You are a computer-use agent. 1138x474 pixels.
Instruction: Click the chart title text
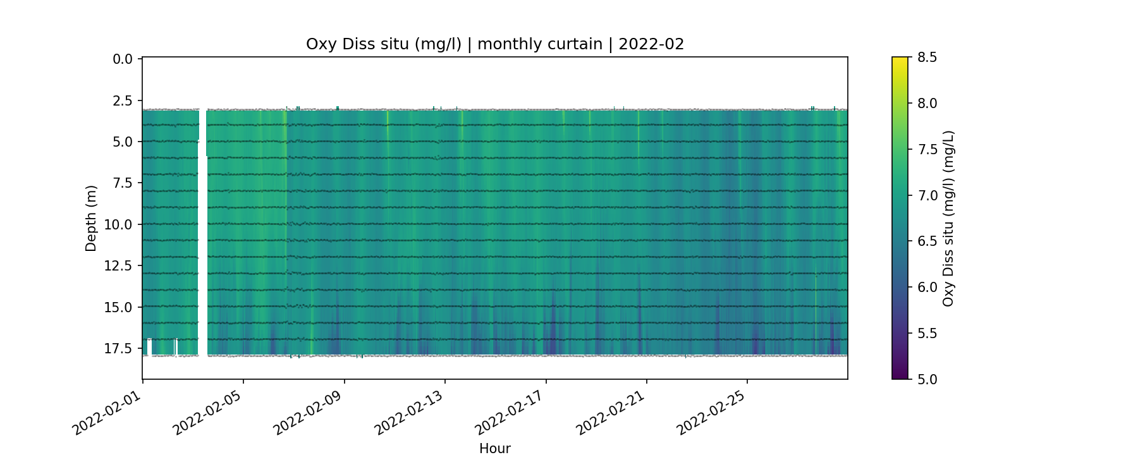(x=495, y=44)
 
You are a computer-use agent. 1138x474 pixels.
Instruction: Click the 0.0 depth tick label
(x=123, y=59)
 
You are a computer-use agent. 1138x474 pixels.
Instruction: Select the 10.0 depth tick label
(x=120, y=225)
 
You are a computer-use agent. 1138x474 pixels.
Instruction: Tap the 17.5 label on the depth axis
(x=120, y=349)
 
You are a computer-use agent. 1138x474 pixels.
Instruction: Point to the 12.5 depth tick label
(x=120, y=266)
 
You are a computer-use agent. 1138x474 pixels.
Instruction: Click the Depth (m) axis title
(x=91, y=219)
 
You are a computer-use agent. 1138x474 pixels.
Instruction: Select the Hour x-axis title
(x=495, y=449)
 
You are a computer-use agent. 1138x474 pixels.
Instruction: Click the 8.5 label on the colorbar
(x=926, y=58)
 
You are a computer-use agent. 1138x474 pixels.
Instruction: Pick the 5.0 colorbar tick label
(x=926, y=379)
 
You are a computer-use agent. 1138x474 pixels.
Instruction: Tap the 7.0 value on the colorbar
(x=926, y=195)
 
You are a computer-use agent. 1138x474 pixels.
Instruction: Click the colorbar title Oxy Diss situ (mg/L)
(x=948, y=219)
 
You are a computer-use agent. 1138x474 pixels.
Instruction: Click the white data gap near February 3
(x=202, y=240)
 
